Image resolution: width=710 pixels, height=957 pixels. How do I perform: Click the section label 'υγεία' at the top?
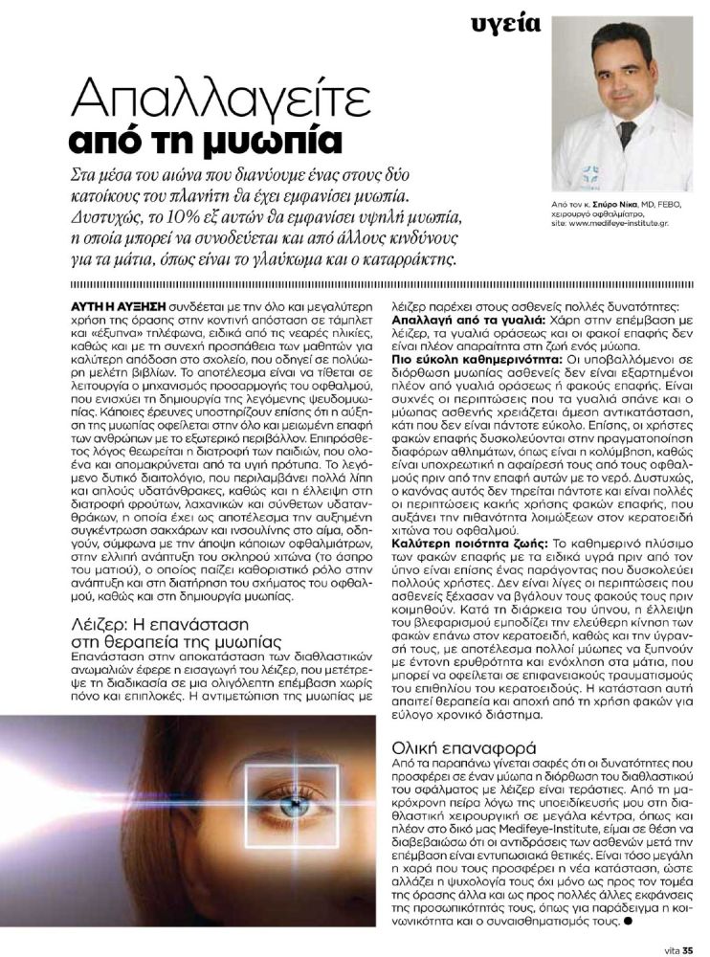pyautogui.click(x=506, y=23)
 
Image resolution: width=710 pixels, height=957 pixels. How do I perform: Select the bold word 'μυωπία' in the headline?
pyautogui.click(x=280, y=142)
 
